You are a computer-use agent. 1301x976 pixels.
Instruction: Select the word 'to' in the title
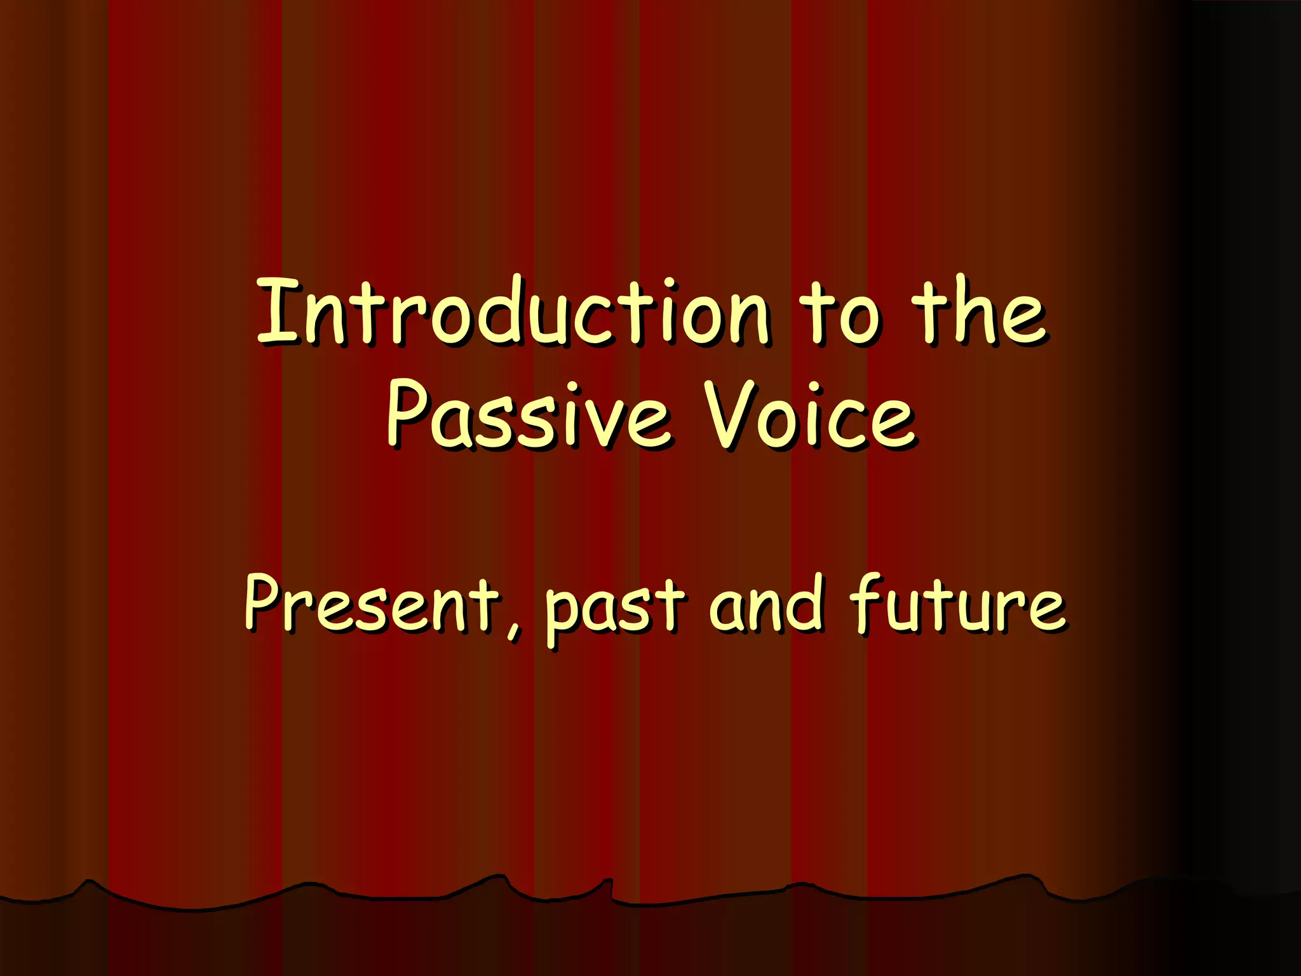point(840,313)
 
